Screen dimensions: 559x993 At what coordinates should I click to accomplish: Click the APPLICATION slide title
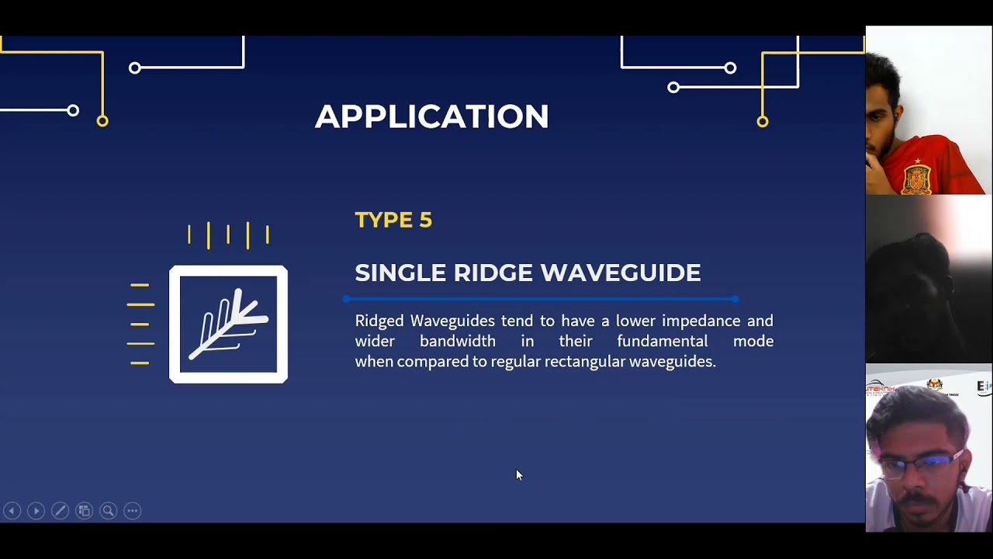click(x=431, y=116)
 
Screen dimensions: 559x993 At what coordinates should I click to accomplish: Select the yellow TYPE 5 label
click(x=393, y=220)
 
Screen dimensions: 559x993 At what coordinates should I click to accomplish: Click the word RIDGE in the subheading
click(x=493, y=273)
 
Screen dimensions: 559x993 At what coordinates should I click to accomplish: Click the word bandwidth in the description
click(x=457, y=341)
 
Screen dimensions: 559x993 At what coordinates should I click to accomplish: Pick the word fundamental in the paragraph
click(x=662, y=341)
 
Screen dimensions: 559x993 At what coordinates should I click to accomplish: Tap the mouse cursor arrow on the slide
click(x=518, y=474)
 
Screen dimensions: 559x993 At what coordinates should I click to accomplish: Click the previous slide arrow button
click(x=12, y=511)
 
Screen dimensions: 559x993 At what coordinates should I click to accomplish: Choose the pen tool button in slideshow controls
click(x=60, y=511)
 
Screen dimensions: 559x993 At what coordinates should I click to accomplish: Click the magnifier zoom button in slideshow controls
click(x=109, y=511)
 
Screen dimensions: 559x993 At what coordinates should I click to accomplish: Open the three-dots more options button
click(x=133, y=511)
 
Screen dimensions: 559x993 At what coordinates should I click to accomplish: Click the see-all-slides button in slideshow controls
click(x=84, y=511)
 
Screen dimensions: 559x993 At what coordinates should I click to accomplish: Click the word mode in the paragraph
click(x=753, y=341)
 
